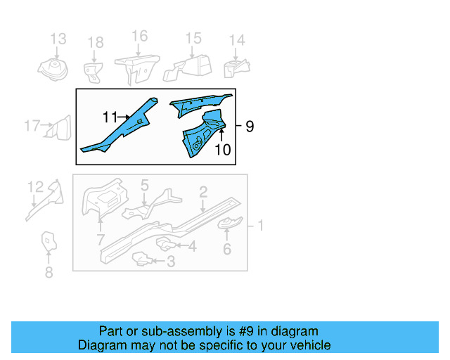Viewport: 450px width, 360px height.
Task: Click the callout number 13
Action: pos(58,39)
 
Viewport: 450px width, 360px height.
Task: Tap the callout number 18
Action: pos(95,44)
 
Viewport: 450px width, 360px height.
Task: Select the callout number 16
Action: pos(139,37)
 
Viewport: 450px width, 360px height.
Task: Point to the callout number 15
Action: pos(193,39)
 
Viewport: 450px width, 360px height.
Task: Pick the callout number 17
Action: pos(32,127)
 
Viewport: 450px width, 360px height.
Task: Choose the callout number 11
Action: pos(110,117)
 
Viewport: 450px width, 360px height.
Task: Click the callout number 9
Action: pos(249,127)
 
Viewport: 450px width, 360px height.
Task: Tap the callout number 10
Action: pos(222,149)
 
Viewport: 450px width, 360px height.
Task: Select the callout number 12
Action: pos(35,186)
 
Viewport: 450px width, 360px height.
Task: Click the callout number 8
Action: pos(49,272)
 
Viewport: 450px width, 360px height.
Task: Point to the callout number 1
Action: pos(260,225)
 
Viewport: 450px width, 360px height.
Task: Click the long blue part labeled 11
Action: pos(123,127)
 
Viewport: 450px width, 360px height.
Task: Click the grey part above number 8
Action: pos(48,241)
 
